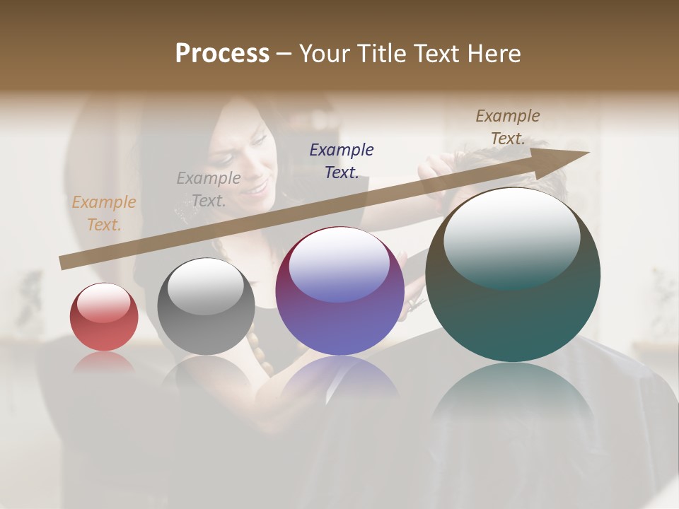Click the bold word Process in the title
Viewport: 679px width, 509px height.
point(222,53)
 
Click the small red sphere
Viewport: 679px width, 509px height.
point(104,318)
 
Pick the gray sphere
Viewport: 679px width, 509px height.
point(206,308)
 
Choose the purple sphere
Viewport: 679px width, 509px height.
point(339,291)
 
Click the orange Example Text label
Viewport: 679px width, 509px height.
point(103,213)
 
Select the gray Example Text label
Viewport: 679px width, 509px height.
point(209,189)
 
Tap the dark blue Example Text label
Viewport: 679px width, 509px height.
point(342,160)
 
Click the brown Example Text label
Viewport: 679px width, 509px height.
point(508,127)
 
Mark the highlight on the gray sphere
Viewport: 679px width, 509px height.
point(206,286)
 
